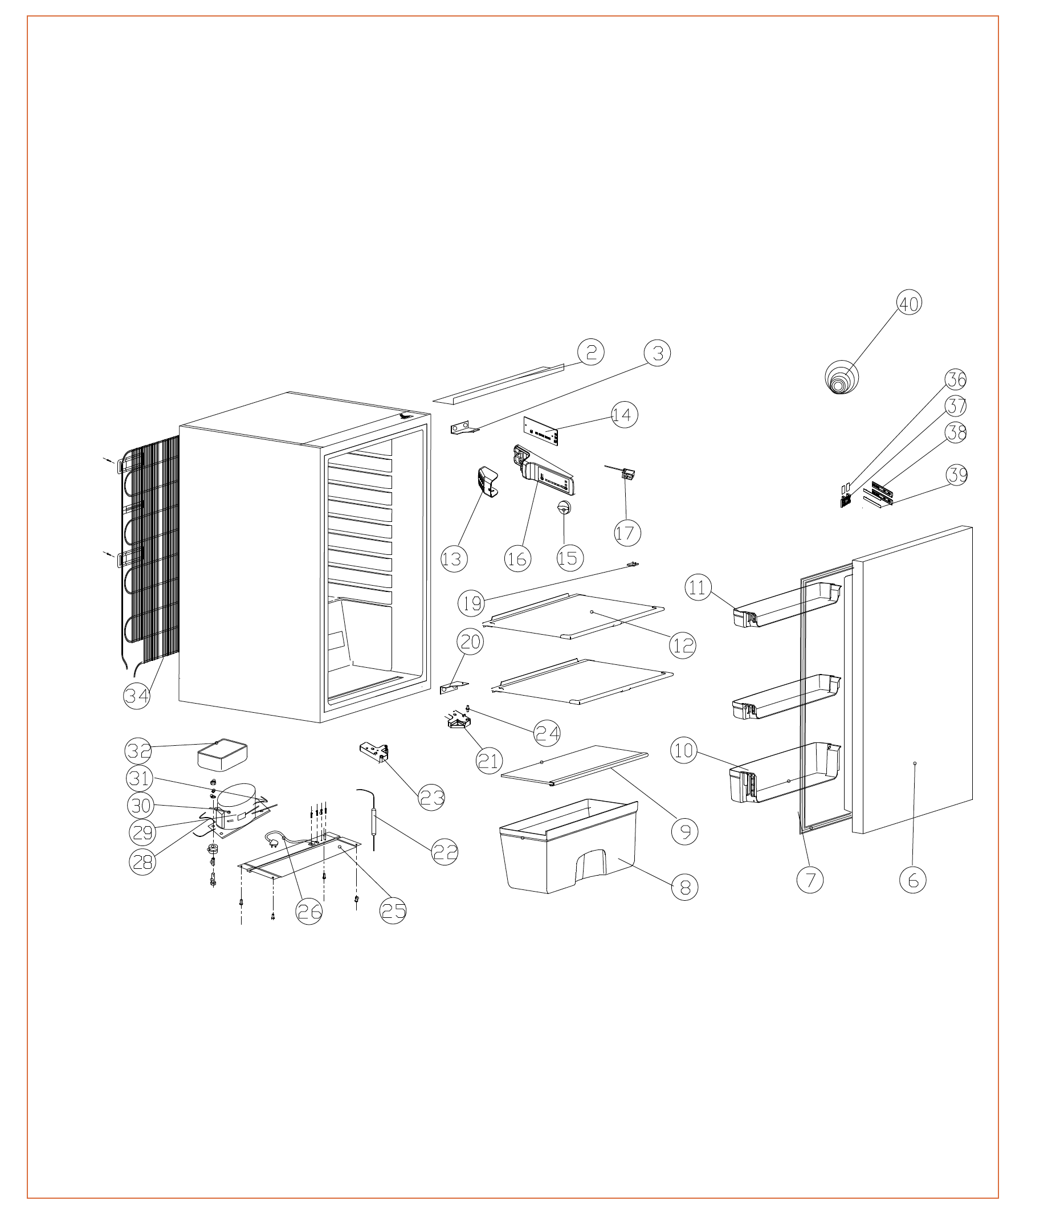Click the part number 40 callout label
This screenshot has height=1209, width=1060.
[909, 303]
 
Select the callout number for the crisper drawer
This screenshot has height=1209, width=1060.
[685, 887]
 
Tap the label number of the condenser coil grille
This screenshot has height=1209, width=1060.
[137, 696]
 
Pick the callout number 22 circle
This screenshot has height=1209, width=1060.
[445, 852]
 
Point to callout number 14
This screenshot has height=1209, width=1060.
[623, 415]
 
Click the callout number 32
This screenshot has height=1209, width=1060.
[139, 750]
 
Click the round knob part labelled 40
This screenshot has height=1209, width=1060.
[842, 377]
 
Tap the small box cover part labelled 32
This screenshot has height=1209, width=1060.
[221, 755]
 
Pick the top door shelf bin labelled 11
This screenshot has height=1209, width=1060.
[786, 604]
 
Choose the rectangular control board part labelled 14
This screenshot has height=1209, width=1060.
[541, 431]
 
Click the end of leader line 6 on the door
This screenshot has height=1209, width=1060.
[915, 763]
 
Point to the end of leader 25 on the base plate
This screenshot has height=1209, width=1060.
[340, 847]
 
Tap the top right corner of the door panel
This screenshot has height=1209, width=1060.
[972, 526]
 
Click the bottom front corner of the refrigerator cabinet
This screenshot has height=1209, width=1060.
[321, 723]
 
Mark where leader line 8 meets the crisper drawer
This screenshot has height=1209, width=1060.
[619, 857]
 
